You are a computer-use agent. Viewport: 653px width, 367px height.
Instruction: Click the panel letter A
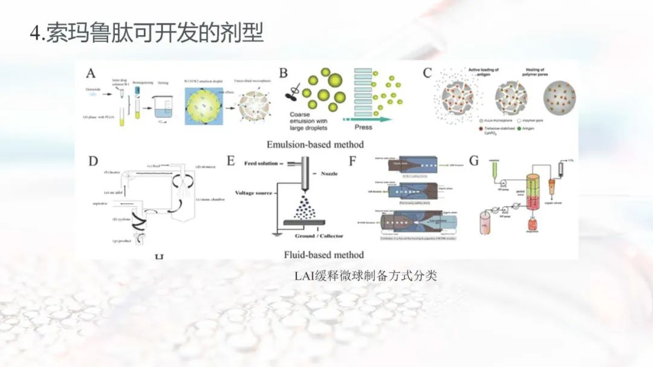91,74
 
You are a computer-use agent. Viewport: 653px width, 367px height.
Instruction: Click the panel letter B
283,73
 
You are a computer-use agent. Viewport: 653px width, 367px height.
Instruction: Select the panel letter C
427,74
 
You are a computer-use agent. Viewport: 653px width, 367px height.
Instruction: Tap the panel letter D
93,161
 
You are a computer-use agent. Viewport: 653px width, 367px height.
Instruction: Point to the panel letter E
230,161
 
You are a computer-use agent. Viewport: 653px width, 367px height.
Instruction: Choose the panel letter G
475,161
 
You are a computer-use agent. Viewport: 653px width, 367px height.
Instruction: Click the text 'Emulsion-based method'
315,145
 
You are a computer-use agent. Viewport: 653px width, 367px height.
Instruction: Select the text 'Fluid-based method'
324,255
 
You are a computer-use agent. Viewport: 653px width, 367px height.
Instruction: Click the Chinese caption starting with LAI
365,276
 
